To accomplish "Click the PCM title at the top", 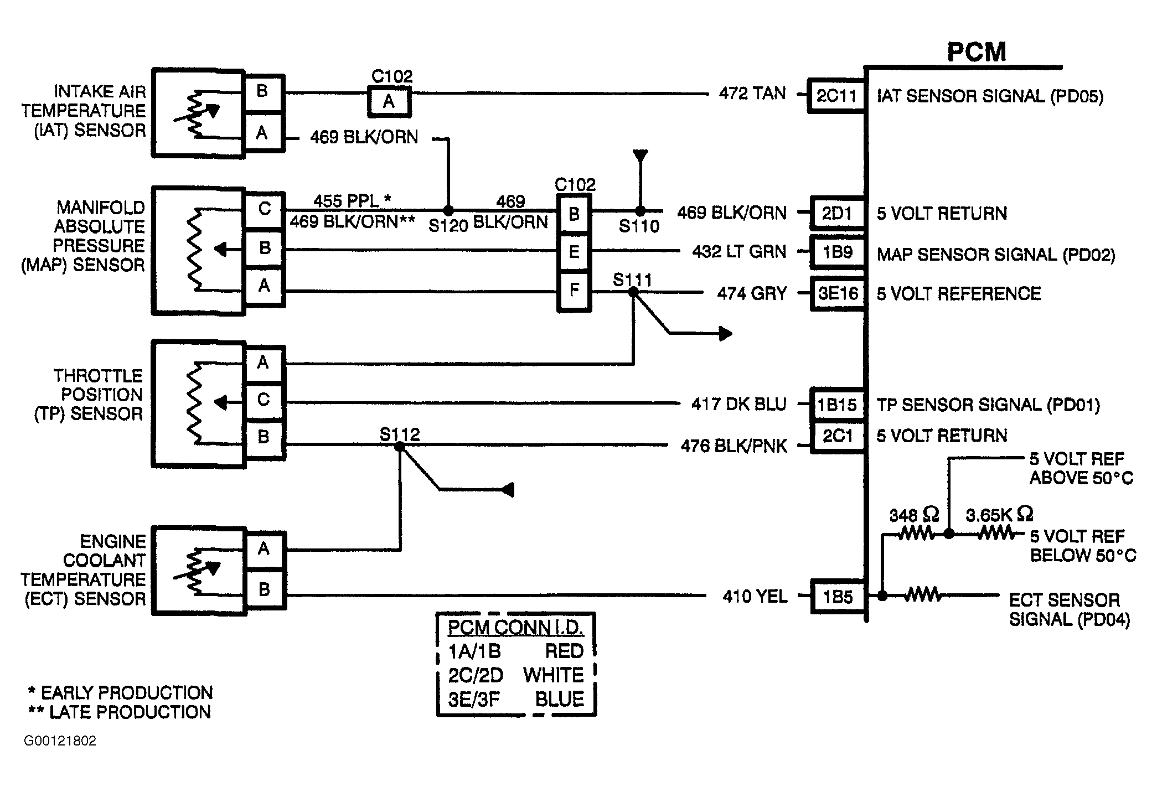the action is pos(977,52).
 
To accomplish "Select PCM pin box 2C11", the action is pos(836,96).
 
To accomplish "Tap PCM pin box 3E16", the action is pos(838,293).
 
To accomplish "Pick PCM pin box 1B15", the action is pos(838,405).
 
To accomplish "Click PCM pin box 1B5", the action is pos(838,597).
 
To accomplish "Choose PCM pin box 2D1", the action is pos(837,213).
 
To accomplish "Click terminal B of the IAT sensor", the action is pos(264,91).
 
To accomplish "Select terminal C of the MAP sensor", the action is pos(265,209).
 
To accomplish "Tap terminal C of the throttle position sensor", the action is pos(264,400).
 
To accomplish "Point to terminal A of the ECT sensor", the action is pos(264,549).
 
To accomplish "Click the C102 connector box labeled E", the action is pos(574,253).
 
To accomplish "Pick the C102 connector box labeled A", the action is pos(390,101).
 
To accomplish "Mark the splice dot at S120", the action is pos(448,210).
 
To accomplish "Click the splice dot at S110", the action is pos(640,211).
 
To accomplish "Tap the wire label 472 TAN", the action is pos(752,94).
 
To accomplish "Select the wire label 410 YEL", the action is pos(755,597).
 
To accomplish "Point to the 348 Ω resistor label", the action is pos(914,515).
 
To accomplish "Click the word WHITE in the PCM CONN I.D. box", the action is pos(554,675).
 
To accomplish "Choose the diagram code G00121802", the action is pos(60,741).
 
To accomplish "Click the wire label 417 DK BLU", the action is pos(739,405).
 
